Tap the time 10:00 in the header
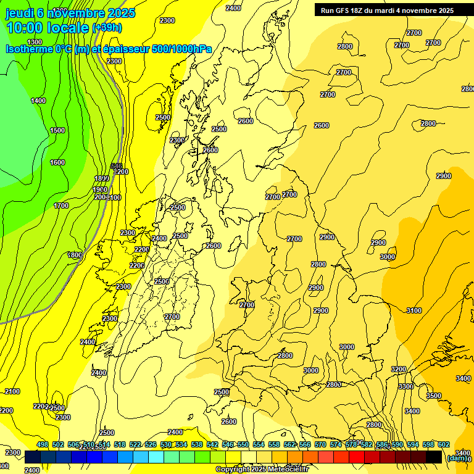[25, 28]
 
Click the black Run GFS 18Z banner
[387, 10]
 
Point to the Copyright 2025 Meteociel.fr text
[261, 470]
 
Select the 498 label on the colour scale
[43, 445]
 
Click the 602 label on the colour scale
[444, 445]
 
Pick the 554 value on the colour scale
[259, 445]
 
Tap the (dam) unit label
[457, 457]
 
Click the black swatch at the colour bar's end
[434, 457]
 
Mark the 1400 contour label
[38, 101]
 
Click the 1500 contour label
[57, 130]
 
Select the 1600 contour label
[57, 162]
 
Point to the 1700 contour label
[61, 206]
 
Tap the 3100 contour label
[414, 310]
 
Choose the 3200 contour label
[399, 369]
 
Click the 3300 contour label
[405, 386]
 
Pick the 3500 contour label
[434, 396]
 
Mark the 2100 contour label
[12, 391]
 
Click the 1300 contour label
[35, 42]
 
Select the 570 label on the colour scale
[320, 445]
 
